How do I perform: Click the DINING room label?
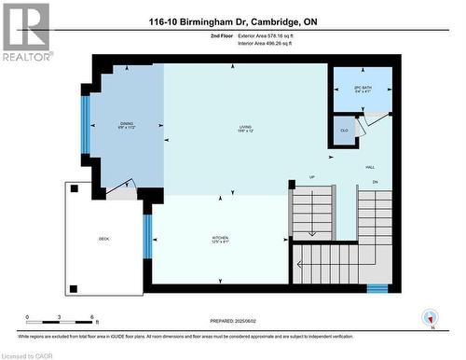point(126,126)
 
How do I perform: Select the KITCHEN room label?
point(220,240)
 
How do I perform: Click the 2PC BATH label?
point(363,90)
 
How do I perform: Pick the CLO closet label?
point(344,132)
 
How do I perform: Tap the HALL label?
point(370,168)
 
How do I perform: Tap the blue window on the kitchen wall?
point(147,235)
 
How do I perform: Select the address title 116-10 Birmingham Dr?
point(233,21)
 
